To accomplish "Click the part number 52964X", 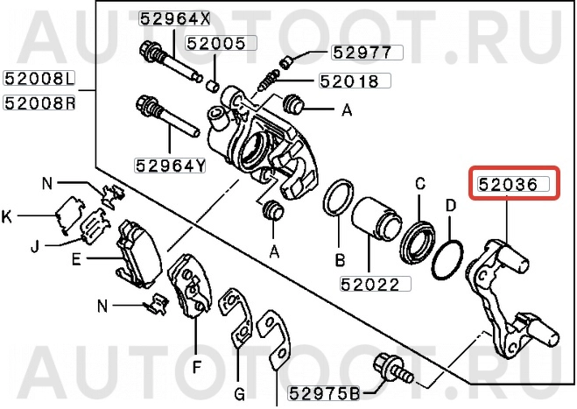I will click(175, 18).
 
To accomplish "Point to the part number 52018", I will click(349, 81).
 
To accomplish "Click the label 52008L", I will click(39, 80).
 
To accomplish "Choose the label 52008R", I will click(39, 102).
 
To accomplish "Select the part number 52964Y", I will click(170, 164).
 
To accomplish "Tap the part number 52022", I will click(369, 285).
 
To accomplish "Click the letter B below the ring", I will click(340, 260).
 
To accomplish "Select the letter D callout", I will click(451, 207).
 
